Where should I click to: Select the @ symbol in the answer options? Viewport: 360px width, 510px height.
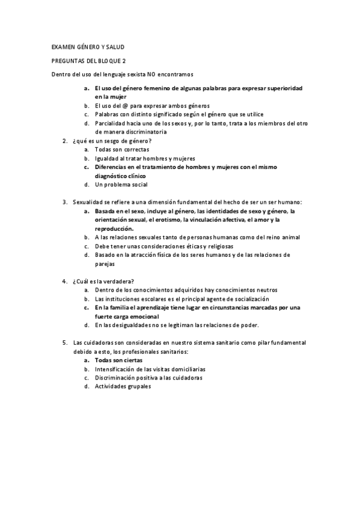coord(124,105)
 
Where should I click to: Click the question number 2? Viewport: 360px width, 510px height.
coord(64,140)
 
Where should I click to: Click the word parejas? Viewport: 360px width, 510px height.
coord(105,263)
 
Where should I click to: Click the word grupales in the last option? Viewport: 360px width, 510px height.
coord(138,386)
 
